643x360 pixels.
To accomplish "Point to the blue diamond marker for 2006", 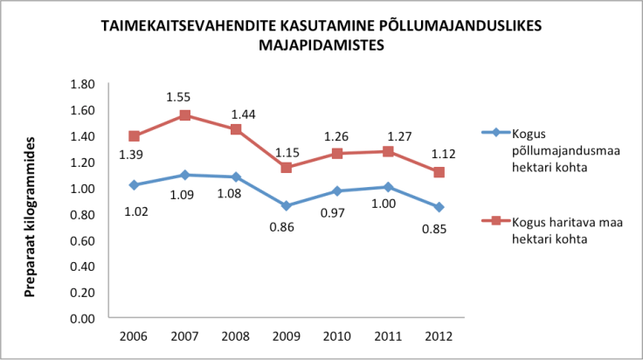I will coord(133,184).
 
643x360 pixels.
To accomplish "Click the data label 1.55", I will coord(183,97).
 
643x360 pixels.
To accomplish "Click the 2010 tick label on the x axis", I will coord(336,336).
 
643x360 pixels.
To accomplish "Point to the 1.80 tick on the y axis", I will coord(82,84).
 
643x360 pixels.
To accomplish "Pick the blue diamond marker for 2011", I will coord(387,187).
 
